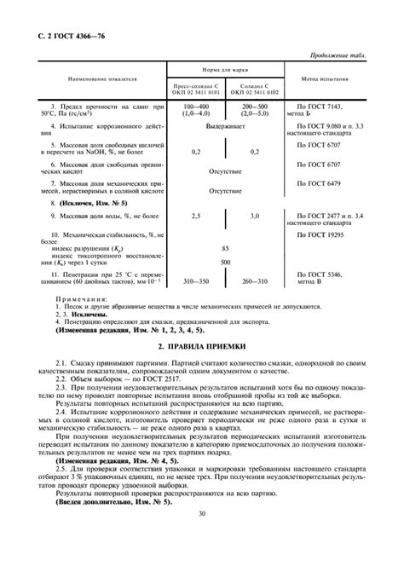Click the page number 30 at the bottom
[202, 561]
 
